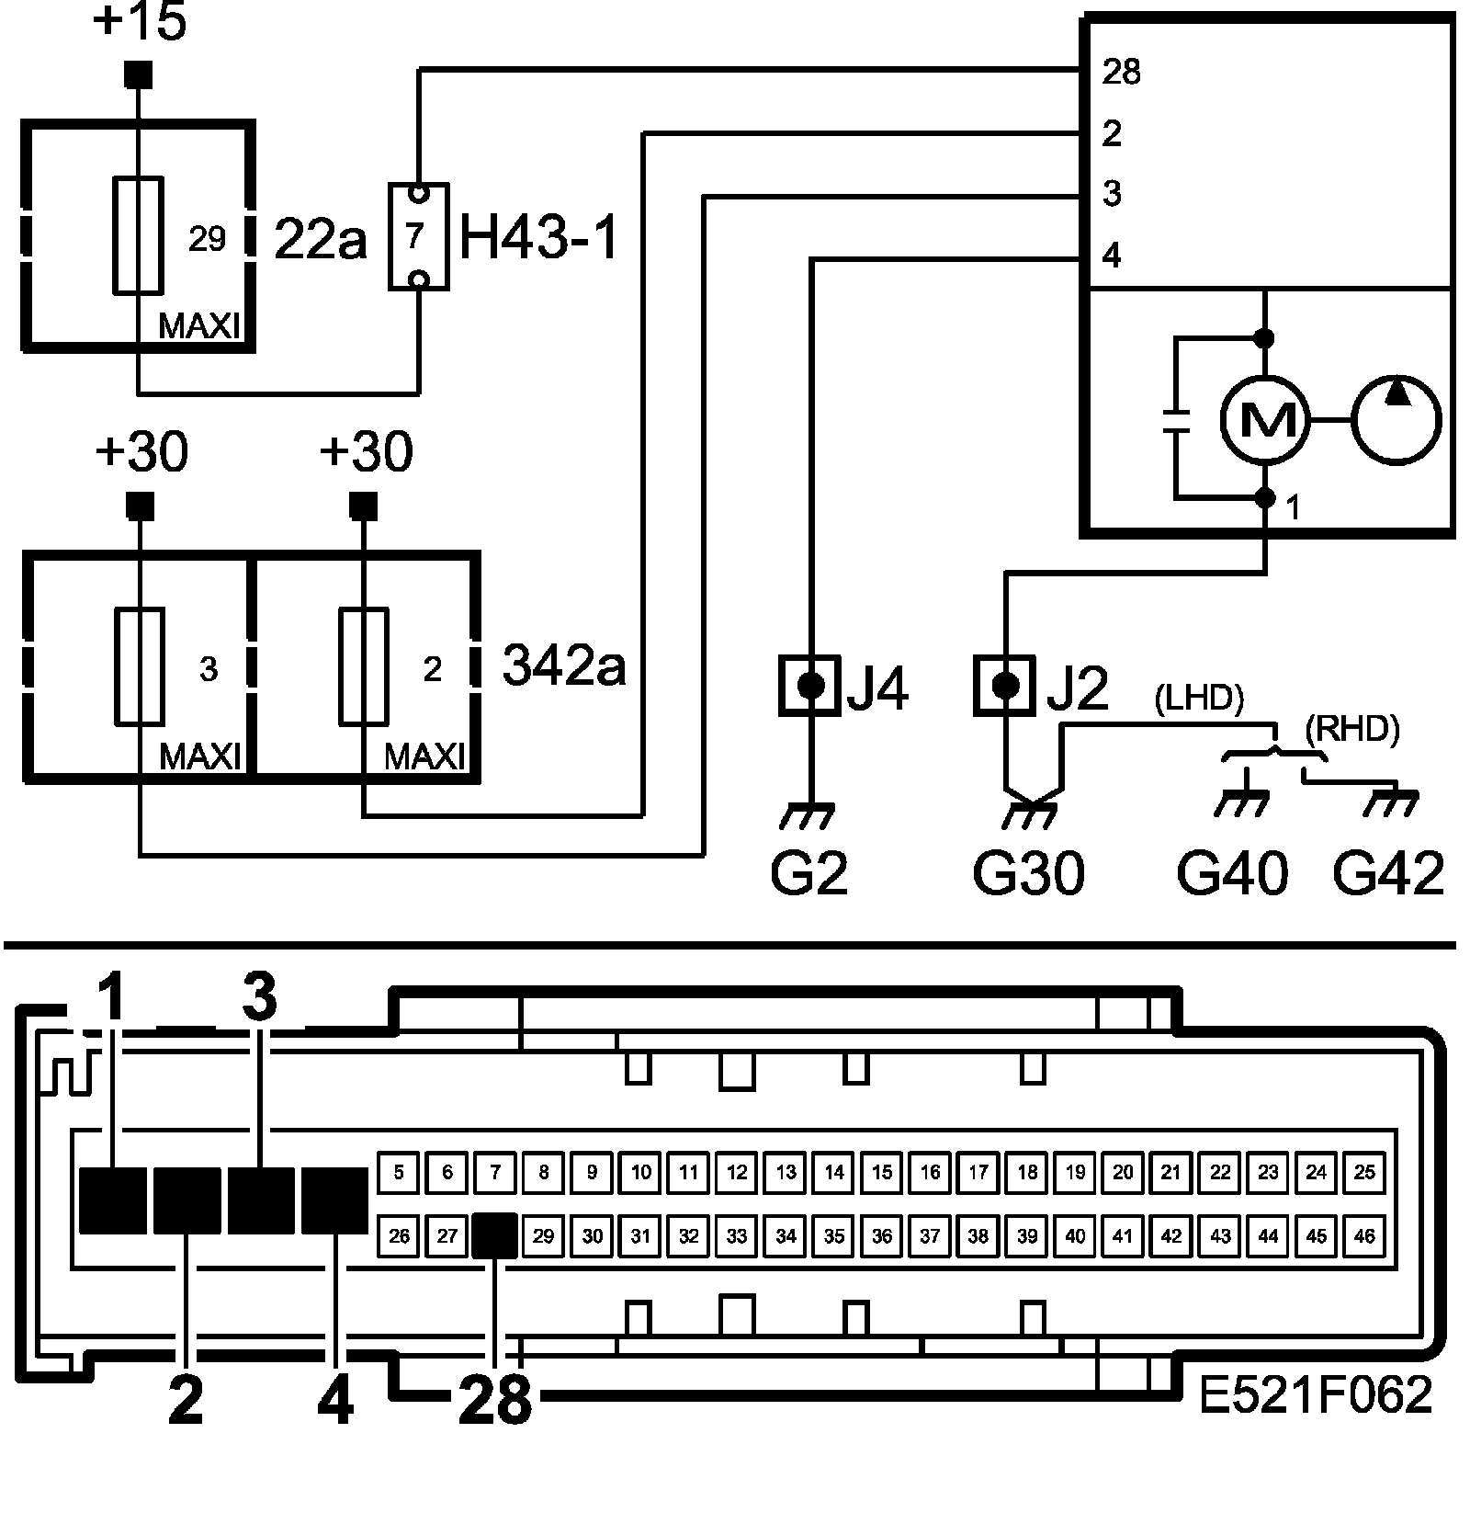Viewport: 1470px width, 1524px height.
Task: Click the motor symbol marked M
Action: point(1264,419)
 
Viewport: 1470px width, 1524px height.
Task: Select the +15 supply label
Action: point(140,24)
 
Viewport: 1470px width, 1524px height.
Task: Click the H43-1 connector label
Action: point(539,238)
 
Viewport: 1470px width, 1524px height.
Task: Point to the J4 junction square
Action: point(809,685)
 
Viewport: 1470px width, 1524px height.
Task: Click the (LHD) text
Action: point(1198,700)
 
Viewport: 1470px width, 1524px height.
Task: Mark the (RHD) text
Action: point(1351,730)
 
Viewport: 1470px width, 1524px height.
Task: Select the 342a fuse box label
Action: point(564,665)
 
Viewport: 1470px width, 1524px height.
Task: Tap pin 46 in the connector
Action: point(1364,1236)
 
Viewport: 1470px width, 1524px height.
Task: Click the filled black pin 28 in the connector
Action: point(495,1236)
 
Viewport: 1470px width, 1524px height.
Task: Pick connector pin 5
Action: point(399,1172)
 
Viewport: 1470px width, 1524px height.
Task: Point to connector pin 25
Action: point(1364,1172)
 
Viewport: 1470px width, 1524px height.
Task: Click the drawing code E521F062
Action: point(1316,1395)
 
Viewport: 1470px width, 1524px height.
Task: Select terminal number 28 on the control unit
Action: point(1121,72)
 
